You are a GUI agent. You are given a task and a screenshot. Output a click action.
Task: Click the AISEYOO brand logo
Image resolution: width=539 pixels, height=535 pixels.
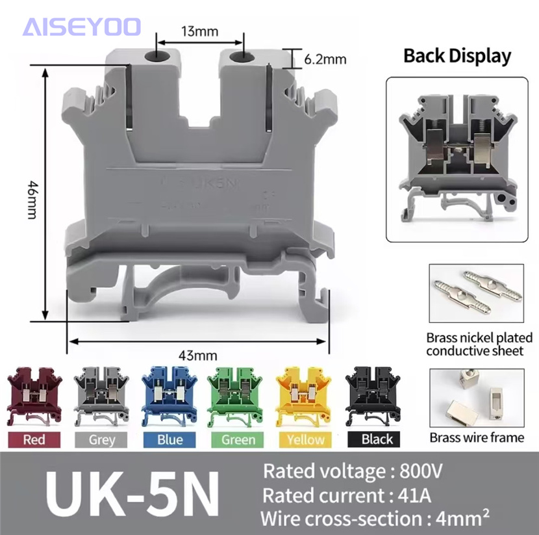coord(82,27)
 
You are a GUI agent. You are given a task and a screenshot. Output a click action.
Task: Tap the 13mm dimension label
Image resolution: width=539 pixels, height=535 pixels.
coord(199,31)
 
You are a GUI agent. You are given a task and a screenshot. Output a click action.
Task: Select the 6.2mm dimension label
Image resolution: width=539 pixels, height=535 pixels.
coord(325,59)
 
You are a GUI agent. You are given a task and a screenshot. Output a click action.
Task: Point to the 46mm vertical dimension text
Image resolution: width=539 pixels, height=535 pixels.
coord(31,195)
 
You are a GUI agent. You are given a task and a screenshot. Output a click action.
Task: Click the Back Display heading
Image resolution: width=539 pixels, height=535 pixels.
coord(457,56)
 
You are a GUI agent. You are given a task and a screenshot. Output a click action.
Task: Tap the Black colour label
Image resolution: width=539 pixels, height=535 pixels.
coord(377,439)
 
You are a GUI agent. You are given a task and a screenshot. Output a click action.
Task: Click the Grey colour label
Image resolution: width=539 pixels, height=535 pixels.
coord(102,439)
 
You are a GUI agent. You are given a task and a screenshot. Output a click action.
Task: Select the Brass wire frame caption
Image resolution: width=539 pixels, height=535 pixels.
coord(477,437)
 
